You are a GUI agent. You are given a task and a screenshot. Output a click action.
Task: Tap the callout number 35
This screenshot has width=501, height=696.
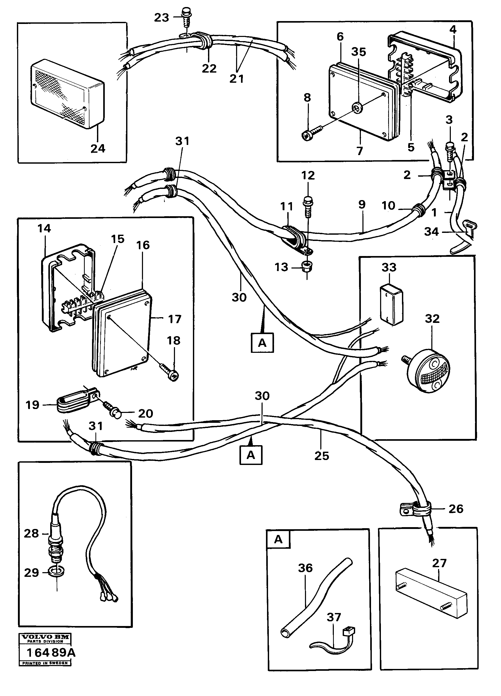tap(359, 52)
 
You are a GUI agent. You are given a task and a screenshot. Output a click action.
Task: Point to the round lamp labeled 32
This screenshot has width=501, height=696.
tap(429, 371)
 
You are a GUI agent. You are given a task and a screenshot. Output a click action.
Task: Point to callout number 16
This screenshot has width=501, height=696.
tap(143, 245)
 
